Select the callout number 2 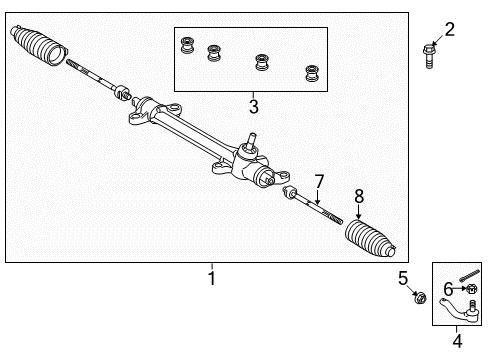pos(450,29)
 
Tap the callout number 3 pos(254,106)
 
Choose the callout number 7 pos(320,181)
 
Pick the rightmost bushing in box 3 pos(312,72)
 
